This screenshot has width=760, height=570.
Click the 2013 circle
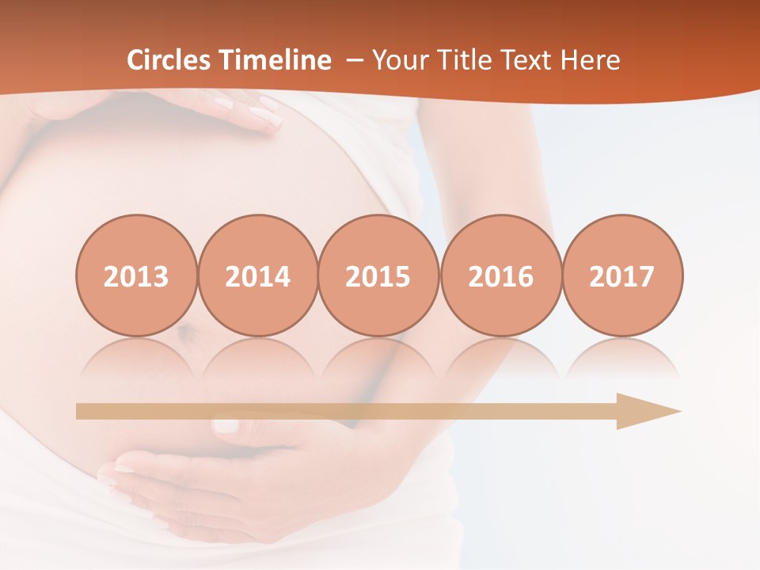pyautogui.click(x=136, y=276)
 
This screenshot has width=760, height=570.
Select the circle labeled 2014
pyautogui.click(x=258, y=276)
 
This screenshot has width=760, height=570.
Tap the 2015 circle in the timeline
pyautogui.click(x=378, y=276)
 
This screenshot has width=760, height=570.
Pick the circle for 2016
pyautogui.click(x=500, y=276)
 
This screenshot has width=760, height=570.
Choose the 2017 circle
pyautogui.click(x=622, y=276)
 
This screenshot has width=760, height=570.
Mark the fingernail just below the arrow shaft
pyautogui.click(x=226, y=426)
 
